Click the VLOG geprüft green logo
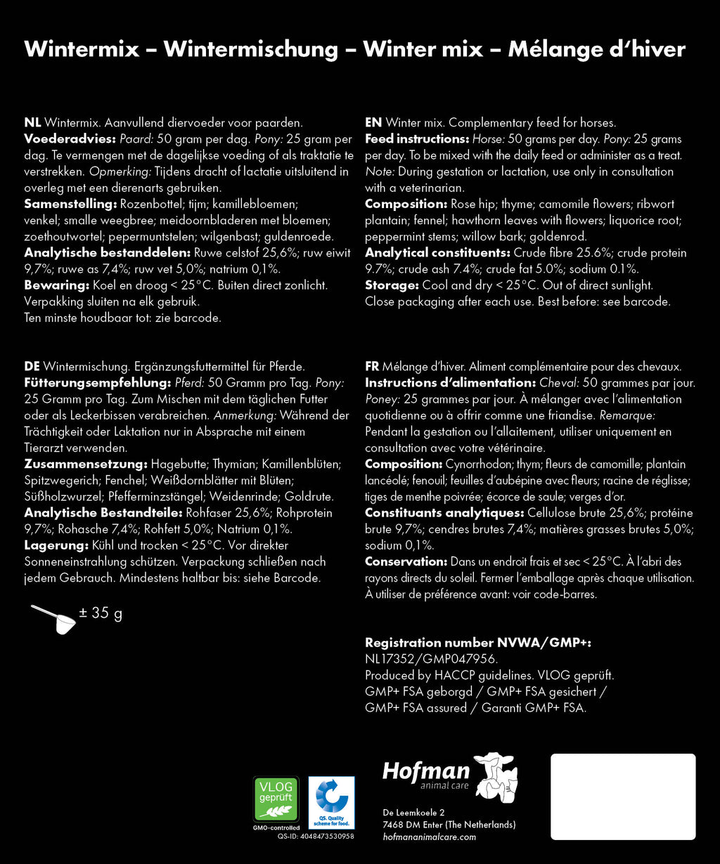[x=276, y=799]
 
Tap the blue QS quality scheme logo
[x=332, y=802]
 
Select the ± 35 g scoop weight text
[x=101, y=614]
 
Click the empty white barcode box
[x=623, y=797]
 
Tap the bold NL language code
[x=32, y=122]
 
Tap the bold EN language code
[x=373, y=122]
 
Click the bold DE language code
[x=32, y=366]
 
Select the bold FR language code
[x=373, y=366]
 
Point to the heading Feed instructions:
[x=417, y=138]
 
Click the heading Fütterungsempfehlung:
[x=89, y=382]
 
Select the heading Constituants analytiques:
[x=443, y=512]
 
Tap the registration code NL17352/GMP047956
[x=431, y=659]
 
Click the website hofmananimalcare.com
[x=430, y=837]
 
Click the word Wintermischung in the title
[x=250, y=49]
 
